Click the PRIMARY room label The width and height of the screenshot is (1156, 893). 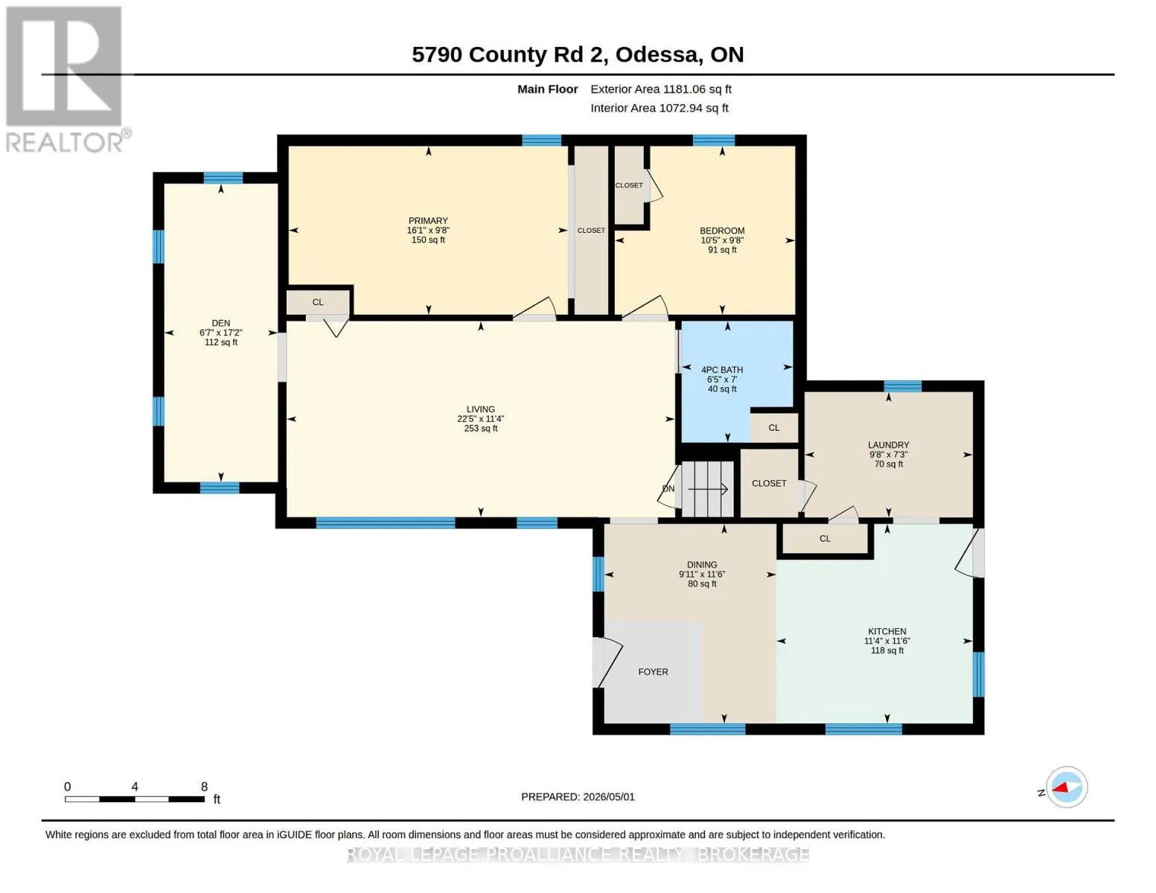428,221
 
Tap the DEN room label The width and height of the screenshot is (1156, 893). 221,323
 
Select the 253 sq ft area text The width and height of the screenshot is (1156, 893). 480,428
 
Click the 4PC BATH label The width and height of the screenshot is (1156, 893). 722,370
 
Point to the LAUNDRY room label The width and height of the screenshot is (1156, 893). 889,444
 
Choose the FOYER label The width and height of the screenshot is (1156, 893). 653,672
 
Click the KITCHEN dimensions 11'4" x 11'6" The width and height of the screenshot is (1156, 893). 887,641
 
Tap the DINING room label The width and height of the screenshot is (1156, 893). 702,564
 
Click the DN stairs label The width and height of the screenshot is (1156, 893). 668,488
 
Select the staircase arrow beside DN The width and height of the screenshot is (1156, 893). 708,489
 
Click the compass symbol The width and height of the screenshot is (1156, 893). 1067,787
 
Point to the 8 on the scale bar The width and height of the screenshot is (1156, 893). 204,787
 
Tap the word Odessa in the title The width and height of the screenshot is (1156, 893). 657,54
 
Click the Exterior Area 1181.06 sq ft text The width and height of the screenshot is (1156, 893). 661,89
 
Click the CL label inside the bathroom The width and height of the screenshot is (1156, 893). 773,428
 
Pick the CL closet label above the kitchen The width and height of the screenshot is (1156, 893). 825,538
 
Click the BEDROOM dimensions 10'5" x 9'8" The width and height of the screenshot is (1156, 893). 722,240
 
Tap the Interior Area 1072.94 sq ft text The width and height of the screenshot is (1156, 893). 659,108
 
